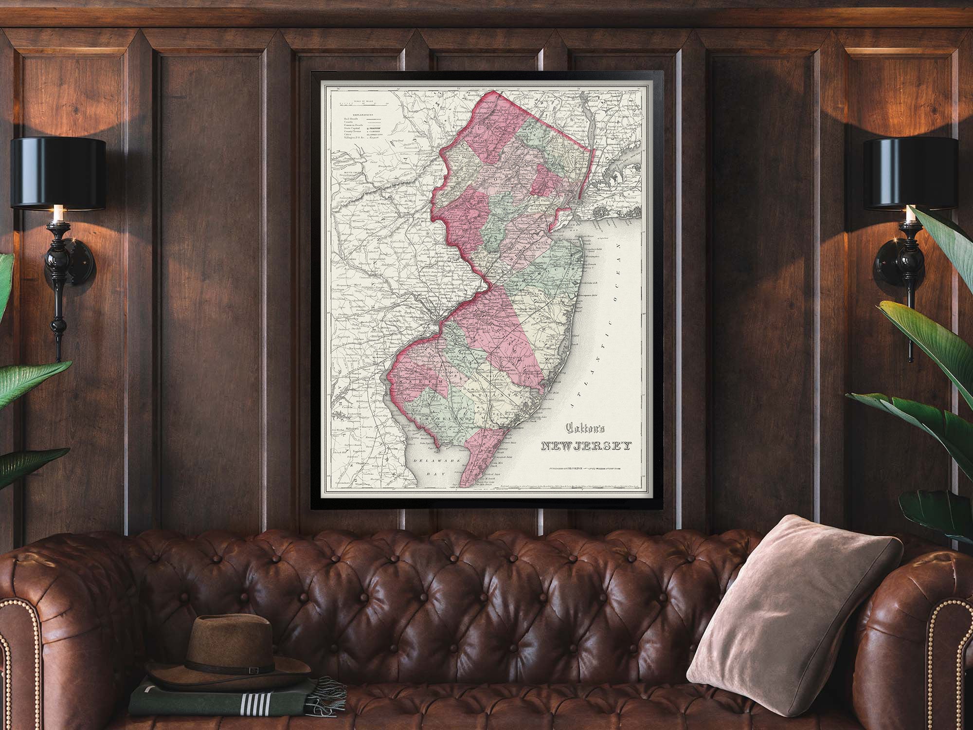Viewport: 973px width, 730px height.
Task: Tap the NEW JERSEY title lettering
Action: pos(587,446)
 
